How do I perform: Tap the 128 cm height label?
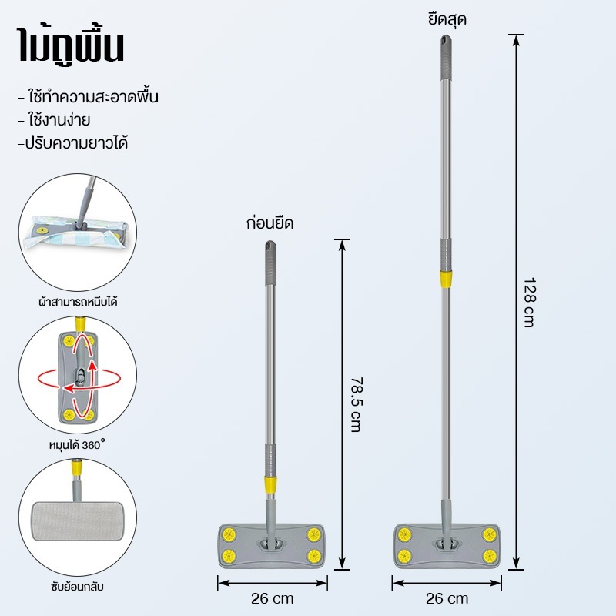coord(530,303)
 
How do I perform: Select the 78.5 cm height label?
coord(356,405)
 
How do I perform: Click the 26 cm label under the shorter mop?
coord(273,599)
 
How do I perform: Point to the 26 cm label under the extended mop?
coord(447,599)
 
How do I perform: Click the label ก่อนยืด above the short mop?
coord(270,223)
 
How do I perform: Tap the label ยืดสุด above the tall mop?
coord(447,18)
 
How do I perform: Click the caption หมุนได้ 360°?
coord(78,445)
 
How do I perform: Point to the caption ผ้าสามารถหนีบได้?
coord(78,302)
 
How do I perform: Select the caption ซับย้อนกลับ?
coord(78,587)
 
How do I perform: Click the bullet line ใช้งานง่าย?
coord(54,120)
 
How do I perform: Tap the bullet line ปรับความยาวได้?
coord(72,143)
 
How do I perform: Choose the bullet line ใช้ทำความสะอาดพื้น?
coord(89,97)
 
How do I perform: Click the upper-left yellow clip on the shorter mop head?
coord(228,534)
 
